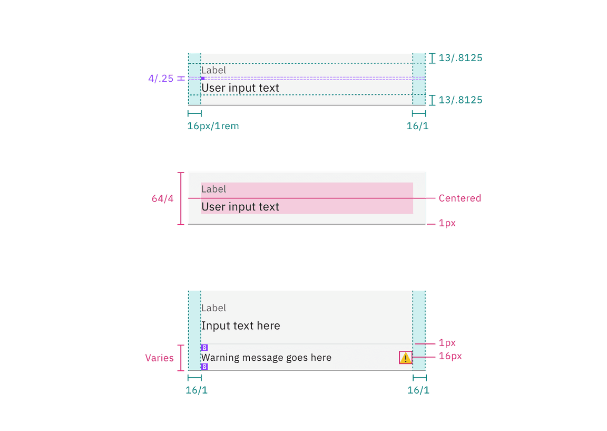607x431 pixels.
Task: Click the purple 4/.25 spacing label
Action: (x=160, y=79)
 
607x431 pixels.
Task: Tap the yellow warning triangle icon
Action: (x=405, y=358)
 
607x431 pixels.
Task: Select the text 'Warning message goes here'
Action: (x=266, y=358)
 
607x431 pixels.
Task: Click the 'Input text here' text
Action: (x=240, y=326)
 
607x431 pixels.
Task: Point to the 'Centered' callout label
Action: (x=459, y=198)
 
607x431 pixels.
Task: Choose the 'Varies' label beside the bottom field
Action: (x=159, y=358)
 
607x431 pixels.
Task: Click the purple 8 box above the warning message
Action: (x=204, y=348)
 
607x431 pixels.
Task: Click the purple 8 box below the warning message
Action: (x=204, y=367)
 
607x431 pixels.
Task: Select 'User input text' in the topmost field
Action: (x=240, y=88)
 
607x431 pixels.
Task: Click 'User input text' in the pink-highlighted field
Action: (x=240, y=207)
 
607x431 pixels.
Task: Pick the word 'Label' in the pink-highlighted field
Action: (x=213, y=189)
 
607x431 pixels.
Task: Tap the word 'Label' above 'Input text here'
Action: (x=213, y=308)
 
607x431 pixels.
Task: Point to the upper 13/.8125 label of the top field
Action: (x=460, y=58)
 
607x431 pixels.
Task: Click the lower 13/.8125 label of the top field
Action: (x=460, y=100)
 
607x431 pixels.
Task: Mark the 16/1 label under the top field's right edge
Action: (x=418, y=126)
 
